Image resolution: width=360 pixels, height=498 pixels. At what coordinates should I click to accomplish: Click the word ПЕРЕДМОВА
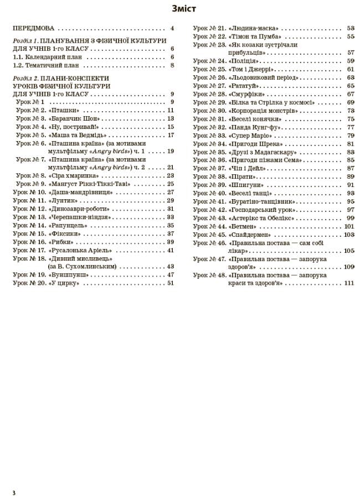[x=34, y=28]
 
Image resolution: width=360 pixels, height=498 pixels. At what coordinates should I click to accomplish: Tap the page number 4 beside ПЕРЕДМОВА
[x=172, y=28]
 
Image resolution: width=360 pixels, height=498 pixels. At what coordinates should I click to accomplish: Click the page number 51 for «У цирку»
[x=171, y=283]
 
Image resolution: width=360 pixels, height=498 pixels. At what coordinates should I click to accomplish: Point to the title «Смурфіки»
[x=247, y=94]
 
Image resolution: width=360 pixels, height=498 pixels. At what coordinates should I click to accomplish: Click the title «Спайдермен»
[x=250, y=235]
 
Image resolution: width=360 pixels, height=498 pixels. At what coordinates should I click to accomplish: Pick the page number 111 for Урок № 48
[x=348, y=283]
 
